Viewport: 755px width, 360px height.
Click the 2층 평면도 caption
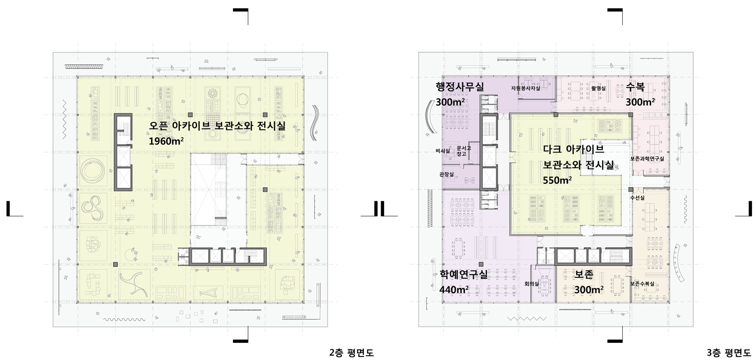point(351,352)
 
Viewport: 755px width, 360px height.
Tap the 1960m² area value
point(166,141)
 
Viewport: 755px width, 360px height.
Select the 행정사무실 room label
point(460,87)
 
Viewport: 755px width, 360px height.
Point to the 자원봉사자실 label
point(525,88)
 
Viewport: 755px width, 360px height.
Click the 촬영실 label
point(598,88)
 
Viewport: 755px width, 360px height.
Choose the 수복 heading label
point(635,87)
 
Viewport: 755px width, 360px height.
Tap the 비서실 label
point(442,151)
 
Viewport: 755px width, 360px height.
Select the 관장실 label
point(446,174)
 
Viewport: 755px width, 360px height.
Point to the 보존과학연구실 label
point(647,159)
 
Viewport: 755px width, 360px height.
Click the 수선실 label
point(637,198)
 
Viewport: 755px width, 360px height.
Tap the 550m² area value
point(557,180)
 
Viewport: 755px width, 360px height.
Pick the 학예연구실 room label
point(464,274)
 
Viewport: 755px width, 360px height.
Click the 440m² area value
point(454,290)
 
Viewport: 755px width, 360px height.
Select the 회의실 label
point(532,284)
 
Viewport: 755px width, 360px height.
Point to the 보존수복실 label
point(642,284)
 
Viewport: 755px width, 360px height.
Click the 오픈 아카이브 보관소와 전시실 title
point(217,126)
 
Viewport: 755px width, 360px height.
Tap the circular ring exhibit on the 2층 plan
point(93,171)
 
